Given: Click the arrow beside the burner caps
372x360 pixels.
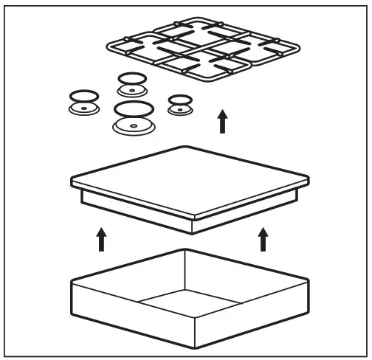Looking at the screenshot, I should click(223, 121).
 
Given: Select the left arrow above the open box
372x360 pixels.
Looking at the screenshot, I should click(101, 239).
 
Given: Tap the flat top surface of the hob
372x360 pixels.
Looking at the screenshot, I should click(189, 180).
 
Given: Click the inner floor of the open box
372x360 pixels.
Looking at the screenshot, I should click(188, 302).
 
